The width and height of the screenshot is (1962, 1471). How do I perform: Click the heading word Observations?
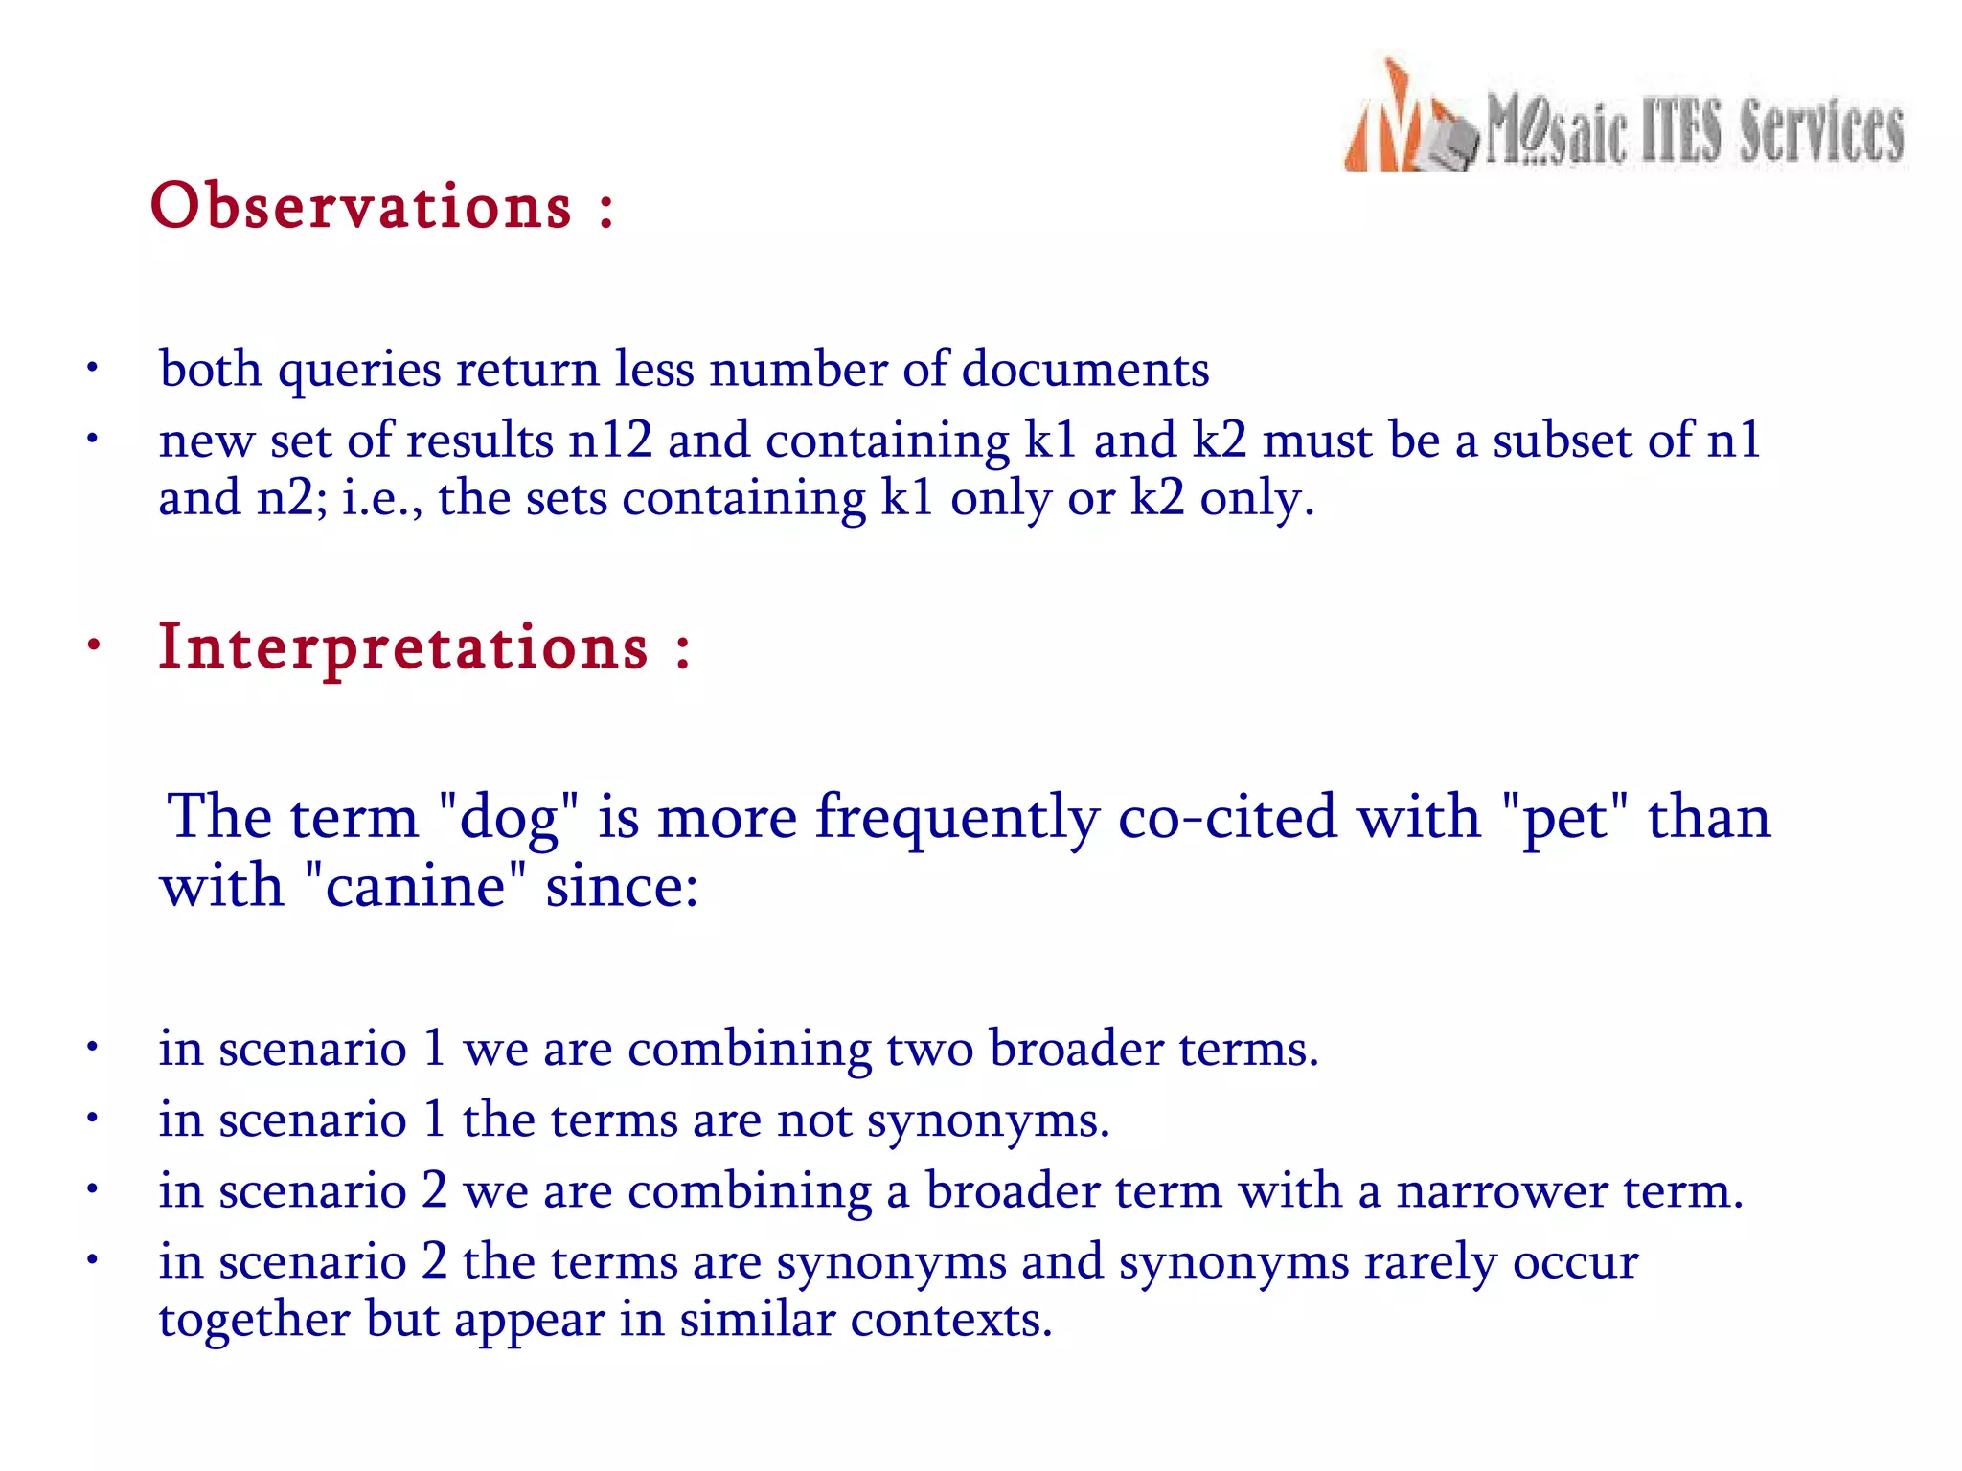361,206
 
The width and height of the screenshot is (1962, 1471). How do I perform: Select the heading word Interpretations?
403,646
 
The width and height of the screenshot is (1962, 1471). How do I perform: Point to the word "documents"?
1084,369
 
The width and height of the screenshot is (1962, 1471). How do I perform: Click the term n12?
610,441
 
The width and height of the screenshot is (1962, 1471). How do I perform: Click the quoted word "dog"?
509,819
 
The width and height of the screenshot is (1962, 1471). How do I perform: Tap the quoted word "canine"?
415,886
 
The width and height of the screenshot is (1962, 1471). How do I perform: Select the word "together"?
255,1320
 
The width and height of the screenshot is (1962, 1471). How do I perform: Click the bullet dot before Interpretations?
93,645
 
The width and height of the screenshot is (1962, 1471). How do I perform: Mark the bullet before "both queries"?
92,369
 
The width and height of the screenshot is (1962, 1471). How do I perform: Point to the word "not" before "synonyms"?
814,1120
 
